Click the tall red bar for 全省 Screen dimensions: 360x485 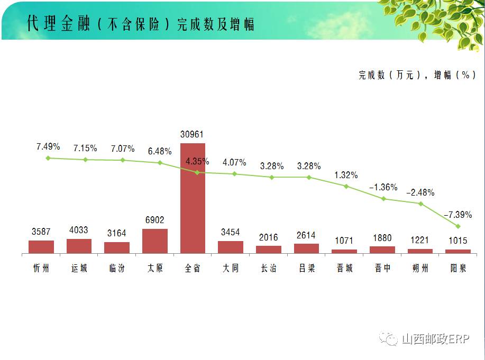pos(193,198)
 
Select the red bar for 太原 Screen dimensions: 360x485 pos(155,241)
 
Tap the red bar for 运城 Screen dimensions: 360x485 pos(79,246)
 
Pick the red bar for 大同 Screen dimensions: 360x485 pos(231,247)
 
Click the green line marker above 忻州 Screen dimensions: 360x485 pos(48,158)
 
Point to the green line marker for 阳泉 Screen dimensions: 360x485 pos(457,226)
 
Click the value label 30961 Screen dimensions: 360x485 pos(193,134)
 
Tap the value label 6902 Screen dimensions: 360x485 pos(154,220)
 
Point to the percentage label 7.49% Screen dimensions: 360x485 pos(48,146)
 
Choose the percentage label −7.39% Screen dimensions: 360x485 pos(458,215)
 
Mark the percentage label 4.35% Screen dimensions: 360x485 pos(197,161)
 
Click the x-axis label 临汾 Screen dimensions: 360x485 pos(117,268)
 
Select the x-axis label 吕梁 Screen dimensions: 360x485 pos(306,268)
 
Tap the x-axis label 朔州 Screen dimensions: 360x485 pos(420,268)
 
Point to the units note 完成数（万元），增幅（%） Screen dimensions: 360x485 pos(415,75)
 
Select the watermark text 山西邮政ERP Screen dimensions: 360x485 pos(435,339)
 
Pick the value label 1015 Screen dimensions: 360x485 pos(458,241)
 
